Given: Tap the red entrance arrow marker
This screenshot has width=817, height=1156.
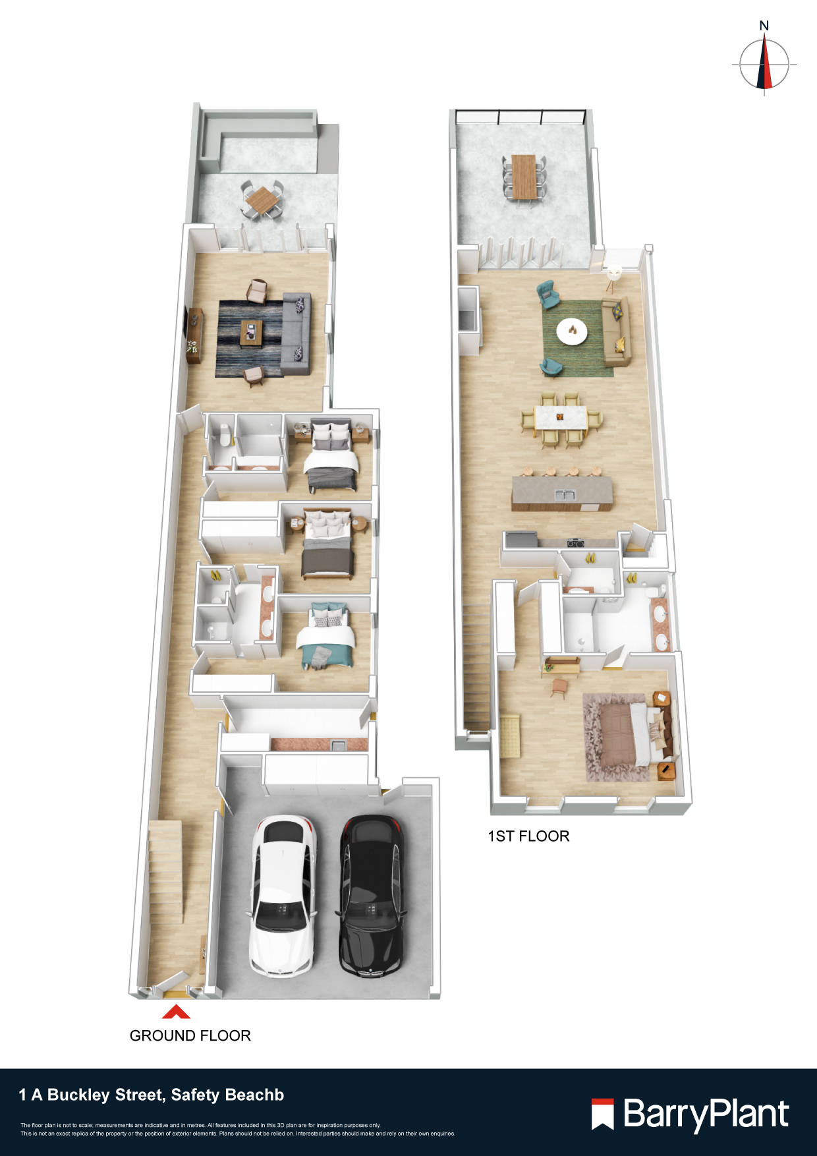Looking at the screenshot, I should click(176, 1012).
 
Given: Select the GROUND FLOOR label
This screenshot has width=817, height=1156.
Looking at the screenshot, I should click(190, 1035).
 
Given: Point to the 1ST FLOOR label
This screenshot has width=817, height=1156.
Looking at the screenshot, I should click(528, 836).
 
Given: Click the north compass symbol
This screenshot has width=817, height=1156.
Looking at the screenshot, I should click(764, 63).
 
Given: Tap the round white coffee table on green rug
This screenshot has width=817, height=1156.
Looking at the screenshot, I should click(572, 330).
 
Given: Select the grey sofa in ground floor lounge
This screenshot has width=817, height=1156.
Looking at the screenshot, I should click(296, 333).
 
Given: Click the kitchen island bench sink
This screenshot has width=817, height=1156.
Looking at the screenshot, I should click(561, 495).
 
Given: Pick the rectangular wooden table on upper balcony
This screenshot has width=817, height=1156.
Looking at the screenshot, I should click(524, 176).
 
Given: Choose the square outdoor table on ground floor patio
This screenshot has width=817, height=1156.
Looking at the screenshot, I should click(263, 198).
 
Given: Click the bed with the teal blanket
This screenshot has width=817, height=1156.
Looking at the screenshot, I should click(326, 638).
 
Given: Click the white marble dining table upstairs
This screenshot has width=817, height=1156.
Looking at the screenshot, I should click(560, 419).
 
